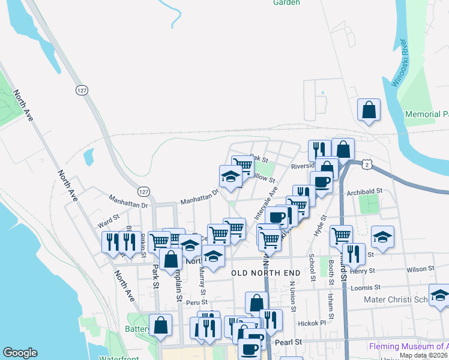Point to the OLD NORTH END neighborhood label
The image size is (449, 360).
tap(265, 273)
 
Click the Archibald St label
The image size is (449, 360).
tap(364, 191)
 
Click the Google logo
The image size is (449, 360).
tap(20, 353)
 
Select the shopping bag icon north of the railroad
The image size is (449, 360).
tap(369, 110)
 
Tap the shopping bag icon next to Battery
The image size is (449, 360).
tap(160, 325)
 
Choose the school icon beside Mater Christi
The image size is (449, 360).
tap(439, 296)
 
